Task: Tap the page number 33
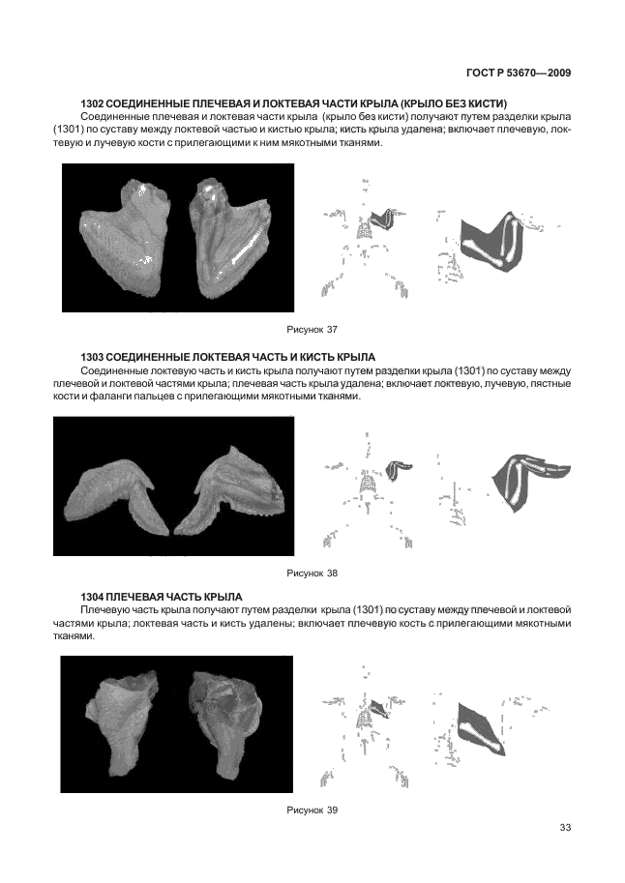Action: [566, 826]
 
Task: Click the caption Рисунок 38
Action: [312, 573]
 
